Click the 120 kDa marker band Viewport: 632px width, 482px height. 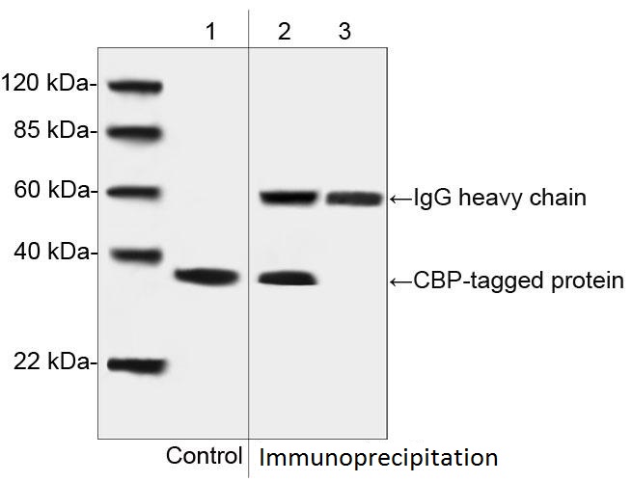pos(135,86)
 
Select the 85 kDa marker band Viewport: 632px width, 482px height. pos(135,132)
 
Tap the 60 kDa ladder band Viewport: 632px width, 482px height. pos(135,193)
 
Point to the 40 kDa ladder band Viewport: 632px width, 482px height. pos(137,255)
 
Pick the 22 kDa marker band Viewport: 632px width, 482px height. pos(137,364)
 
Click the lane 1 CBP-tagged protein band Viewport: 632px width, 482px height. pos(207,277)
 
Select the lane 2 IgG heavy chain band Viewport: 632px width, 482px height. pos(289,198)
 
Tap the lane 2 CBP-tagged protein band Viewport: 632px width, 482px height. pos(288,279)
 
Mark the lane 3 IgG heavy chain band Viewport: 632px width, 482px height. pos(354,199)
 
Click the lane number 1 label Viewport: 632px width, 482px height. pos(210,32)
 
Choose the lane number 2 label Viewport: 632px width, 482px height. pos(284,32)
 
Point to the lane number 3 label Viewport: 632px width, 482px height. pos(344,32)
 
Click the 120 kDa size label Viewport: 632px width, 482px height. pos(47,83)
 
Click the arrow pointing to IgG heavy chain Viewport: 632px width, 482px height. pos(401,199)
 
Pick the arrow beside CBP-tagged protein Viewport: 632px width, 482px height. pos(401,281)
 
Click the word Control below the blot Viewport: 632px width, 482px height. pos(205,456)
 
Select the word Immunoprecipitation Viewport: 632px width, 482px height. pos(378,458)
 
